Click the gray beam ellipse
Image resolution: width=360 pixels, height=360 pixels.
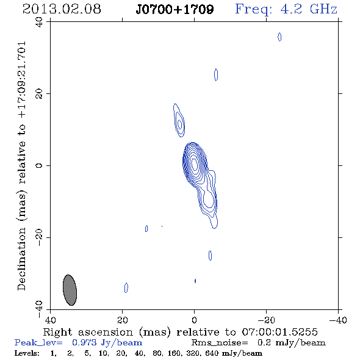pos(70,290)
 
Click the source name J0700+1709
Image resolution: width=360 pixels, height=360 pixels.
pos(175,9)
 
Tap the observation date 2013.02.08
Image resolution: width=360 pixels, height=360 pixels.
pos(62,9)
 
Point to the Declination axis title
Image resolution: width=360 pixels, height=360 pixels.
pos(21,166)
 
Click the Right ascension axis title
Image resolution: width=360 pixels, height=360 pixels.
pos(180,332)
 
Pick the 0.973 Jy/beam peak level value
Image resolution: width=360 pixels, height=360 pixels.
pos(107,343)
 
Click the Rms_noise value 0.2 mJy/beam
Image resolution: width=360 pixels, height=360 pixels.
pos(291,343)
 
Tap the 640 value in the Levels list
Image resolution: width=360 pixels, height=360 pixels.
pos(212,353)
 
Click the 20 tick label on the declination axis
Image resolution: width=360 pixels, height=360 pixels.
pos(39,94)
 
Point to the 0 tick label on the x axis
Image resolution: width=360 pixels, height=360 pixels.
pos(194,320)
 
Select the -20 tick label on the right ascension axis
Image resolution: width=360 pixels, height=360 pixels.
pos(266,320)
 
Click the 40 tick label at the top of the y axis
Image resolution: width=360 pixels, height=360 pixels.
pos(39,22)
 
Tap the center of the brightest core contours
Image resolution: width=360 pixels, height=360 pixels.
pos(195,164)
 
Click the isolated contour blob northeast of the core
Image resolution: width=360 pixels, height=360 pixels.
pos(179,120)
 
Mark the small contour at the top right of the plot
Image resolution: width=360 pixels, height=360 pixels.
pos(279,37)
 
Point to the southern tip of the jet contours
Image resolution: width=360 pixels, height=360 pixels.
pos(214,228)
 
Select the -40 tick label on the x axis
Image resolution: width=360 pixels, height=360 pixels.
pos(338,320)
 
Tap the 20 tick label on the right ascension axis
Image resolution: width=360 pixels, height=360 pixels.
pos(123,320)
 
